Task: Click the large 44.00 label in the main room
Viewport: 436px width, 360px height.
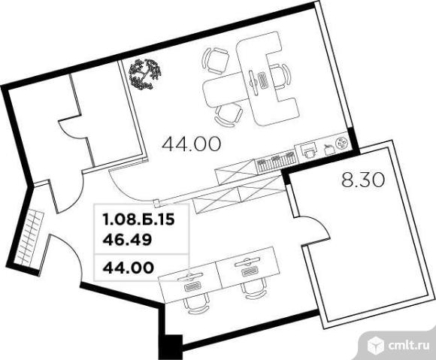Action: coord(191,144)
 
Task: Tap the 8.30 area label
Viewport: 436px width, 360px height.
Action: coord(363,180)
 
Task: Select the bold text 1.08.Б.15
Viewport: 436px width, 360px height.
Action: coord(138,219)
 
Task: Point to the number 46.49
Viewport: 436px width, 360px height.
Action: coord(127,240)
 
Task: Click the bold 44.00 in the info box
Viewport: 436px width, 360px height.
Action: coord(129,268)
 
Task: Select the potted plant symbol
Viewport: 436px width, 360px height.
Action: coord(145,74)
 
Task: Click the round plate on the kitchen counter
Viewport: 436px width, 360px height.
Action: coord(342,143)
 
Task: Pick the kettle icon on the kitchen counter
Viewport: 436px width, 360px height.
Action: coord(329,150)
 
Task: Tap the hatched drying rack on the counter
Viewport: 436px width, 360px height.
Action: coord(276,161)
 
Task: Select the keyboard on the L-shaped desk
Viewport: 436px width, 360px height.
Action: coord(262,80)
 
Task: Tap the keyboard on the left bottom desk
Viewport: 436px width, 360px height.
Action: coord(192,286)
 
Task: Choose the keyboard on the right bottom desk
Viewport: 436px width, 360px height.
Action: coord(250,272)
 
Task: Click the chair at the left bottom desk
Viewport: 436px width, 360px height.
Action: coord(196,304)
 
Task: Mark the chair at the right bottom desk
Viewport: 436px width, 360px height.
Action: coord(253,289)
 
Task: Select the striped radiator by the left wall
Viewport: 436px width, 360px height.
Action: coord(29,238)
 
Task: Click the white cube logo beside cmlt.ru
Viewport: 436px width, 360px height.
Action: coord(376,345)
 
